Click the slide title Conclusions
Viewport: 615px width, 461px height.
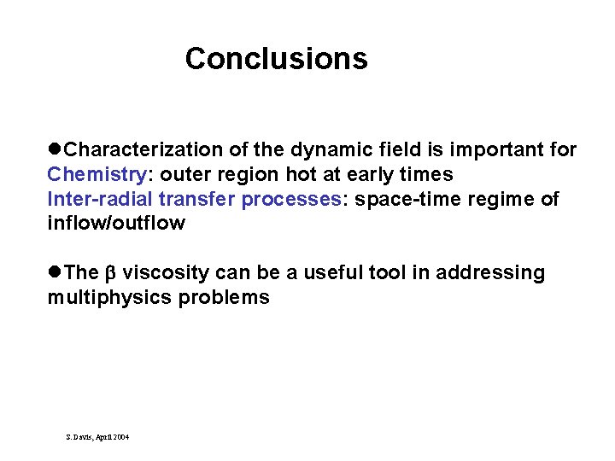pos(276,59)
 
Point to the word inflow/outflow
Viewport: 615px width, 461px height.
pos(115,224)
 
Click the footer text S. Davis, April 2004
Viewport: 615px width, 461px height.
pos(97,436)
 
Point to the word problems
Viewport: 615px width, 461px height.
pos(225,298)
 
